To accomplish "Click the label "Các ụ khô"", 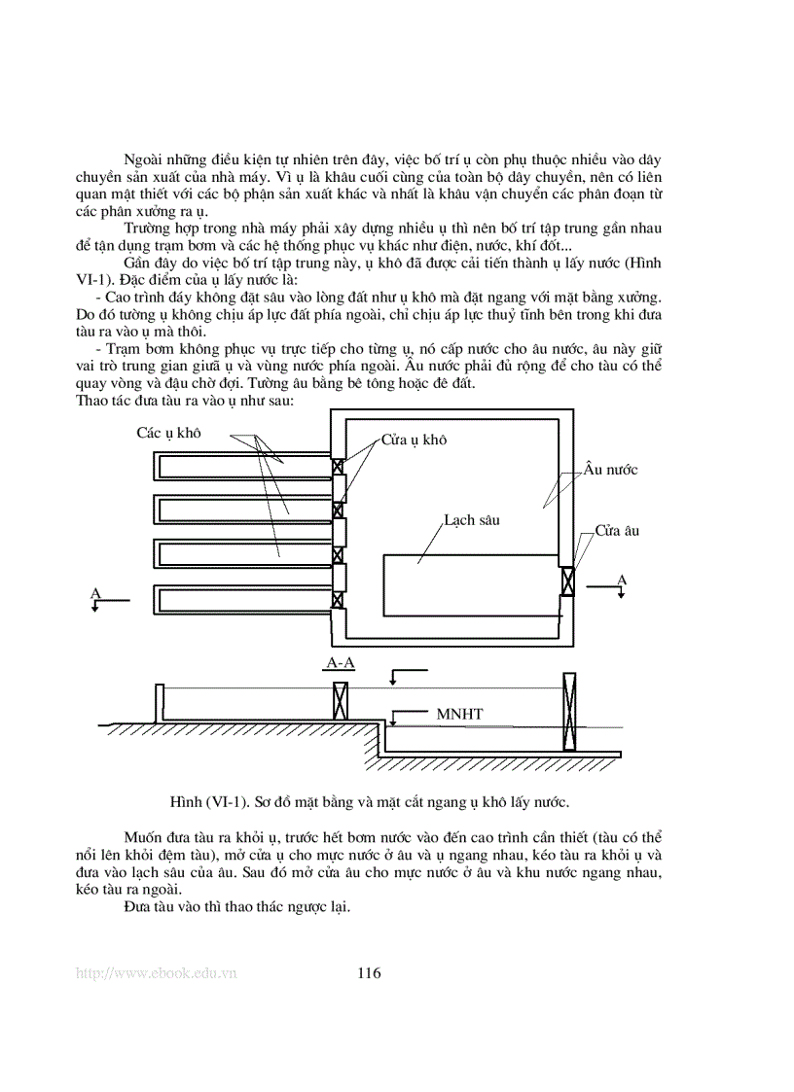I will (x=168, y=433).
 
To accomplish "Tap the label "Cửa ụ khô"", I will (x=413, y=440).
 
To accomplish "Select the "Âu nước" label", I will (x=610, y=470).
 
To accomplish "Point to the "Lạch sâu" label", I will (x=471, y=519).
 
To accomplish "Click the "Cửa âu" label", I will (x=617, y=532).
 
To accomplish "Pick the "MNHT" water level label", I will (x=459, y=715).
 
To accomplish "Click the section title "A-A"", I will (x=340, y=664).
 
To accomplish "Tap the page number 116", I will (x=370, y=973).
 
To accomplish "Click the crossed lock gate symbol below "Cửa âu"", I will (x=568, y=581).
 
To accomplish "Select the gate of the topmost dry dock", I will (x=338, y=466).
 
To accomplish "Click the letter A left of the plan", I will (x=94, y=592).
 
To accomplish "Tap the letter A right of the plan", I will (x=622, y=580).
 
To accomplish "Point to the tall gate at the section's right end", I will (x=568, y=714).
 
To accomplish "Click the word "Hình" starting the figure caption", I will (x=185, y=802).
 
